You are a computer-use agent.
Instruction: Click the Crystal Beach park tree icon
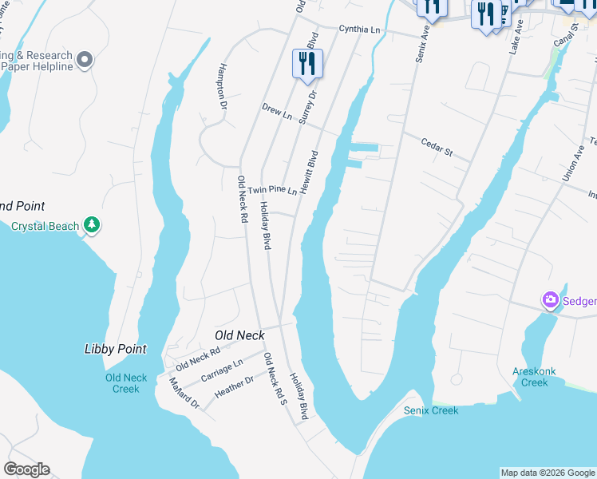point(93,226)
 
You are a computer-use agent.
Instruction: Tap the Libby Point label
point(115,349)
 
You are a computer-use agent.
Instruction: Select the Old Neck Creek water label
point(126,383)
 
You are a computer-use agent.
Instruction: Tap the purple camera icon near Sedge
point(550,300)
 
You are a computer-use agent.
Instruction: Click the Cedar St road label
point(437,147)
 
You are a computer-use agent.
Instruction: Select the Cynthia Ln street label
point(359,29)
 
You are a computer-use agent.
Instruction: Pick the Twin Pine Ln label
point(272,190)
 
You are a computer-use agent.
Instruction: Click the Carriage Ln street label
point(221,370)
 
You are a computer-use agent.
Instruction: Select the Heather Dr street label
point(234,388)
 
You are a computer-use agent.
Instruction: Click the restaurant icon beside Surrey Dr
point(307,63)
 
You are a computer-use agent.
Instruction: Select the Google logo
point(26,469)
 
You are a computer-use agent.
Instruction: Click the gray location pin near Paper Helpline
point(85,60)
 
